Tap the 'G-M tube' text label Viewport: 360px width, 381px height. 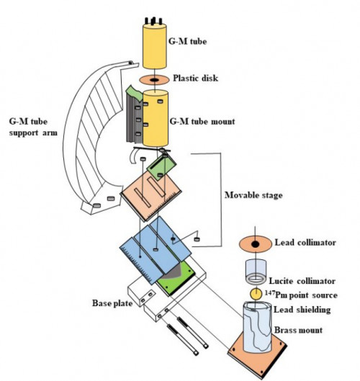(x=187, y=41)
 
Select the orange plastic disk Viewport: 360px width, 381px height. (x=154, y=80)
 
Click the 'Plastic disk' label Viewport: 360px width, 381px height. (x=196, y=79)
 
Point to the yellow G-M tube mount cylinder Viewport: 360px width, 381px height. (x=156, y=118)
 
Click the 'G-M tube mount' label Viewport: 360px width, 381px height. (x=202, y=121)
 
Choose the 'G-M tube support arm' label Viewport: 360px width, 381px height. (x=33, y=127)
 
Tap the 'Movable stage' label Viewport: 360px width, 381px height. (x=253, y=195)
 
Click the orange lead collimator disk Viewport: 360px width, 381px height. (x=256, y=244)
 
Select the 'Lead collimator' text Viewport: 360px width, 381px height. (x=305, y=243)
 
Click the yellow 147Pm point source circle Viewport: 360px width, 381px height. (x=256, y=294)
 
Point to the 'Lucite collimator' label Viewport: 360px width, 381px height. (x=302, y=281)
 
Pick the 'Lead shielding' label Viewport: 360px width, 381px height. (x=302, y=310)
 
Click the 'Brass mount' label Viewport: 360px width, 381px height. (x=298, y=330)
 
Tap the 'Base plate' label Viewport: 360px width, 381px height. (x=112, y=303)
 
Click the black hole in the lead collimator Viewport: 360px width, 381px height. (x=255, y=244)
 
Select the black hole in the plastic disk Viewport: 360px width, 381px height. (x=154, y=80)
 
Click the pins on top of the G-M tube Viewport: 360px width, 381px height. (x=153, y=21)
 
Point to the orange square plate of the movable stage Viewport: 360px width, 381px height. (x=151, y=195)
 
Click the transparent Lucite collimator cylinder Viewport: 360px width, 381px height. (x=256, y=272)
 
